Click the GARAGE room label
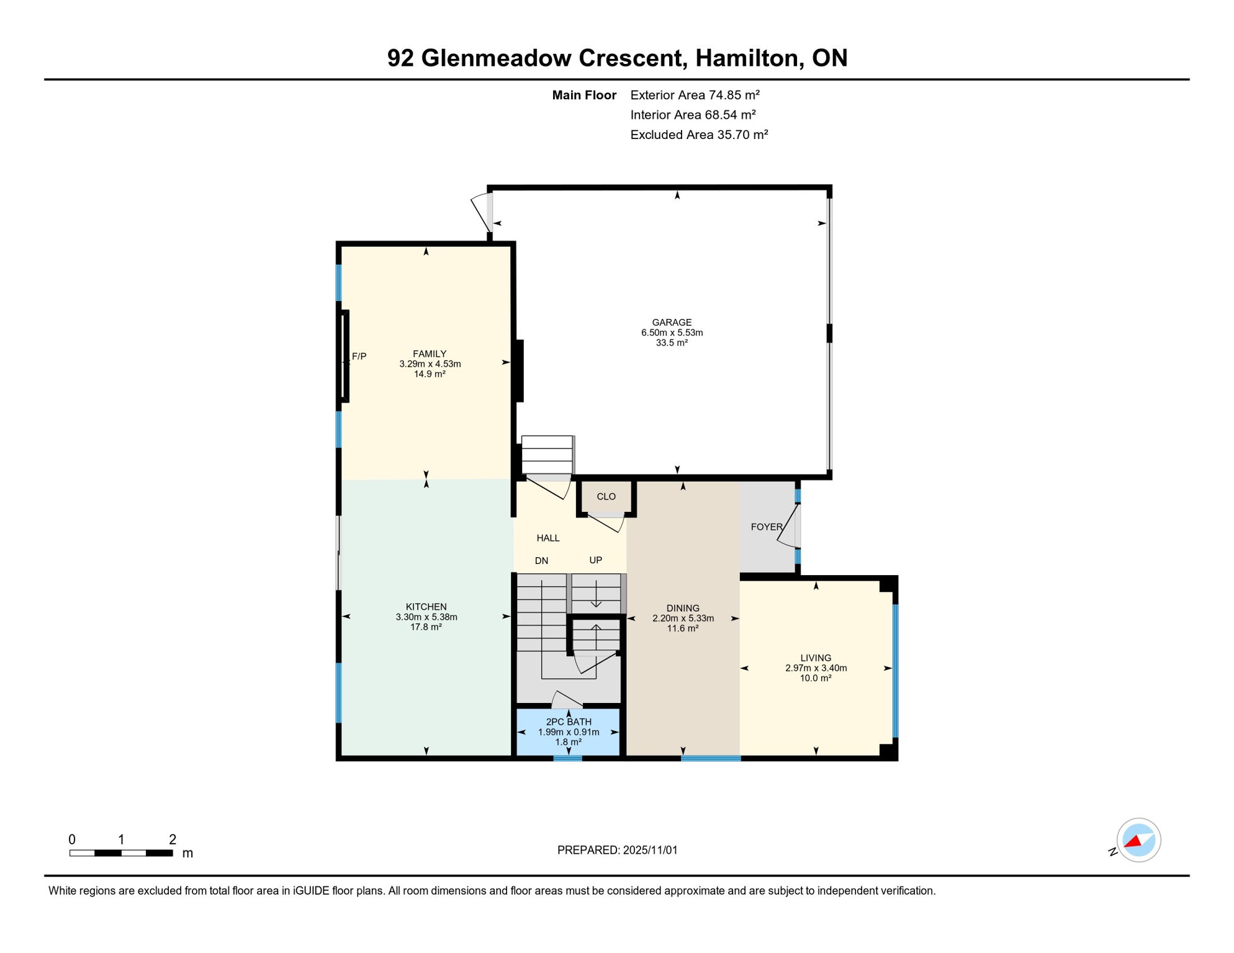(x=672, y=323)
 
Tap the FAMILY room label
(x=430, y=354)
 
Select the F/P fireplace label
(x=359, y=356)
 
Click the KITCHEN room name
(x=426, y=607)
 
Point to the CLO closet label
(x=606, y=496)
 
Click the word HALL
(x=548, y=538)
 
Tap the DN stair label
(x=541, y=561)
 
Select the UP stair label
(x=595, y=560)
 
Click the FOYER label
(x=766, y=527)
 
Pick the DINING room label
(x=683, y=608)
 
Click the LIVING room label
(x=815, y=658)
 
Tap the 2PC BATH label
(x=569, y=722)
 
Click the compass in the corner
(x=1138, y=840)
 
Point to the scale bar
(x=121, y=853)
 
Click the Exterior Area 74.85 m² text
(x=695, y=95)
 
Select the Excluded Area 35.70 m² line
(x=699, y=135)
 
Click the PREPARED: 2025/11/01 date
(x=617, y=850)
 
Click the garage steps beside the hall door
(x=547, y=455)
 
